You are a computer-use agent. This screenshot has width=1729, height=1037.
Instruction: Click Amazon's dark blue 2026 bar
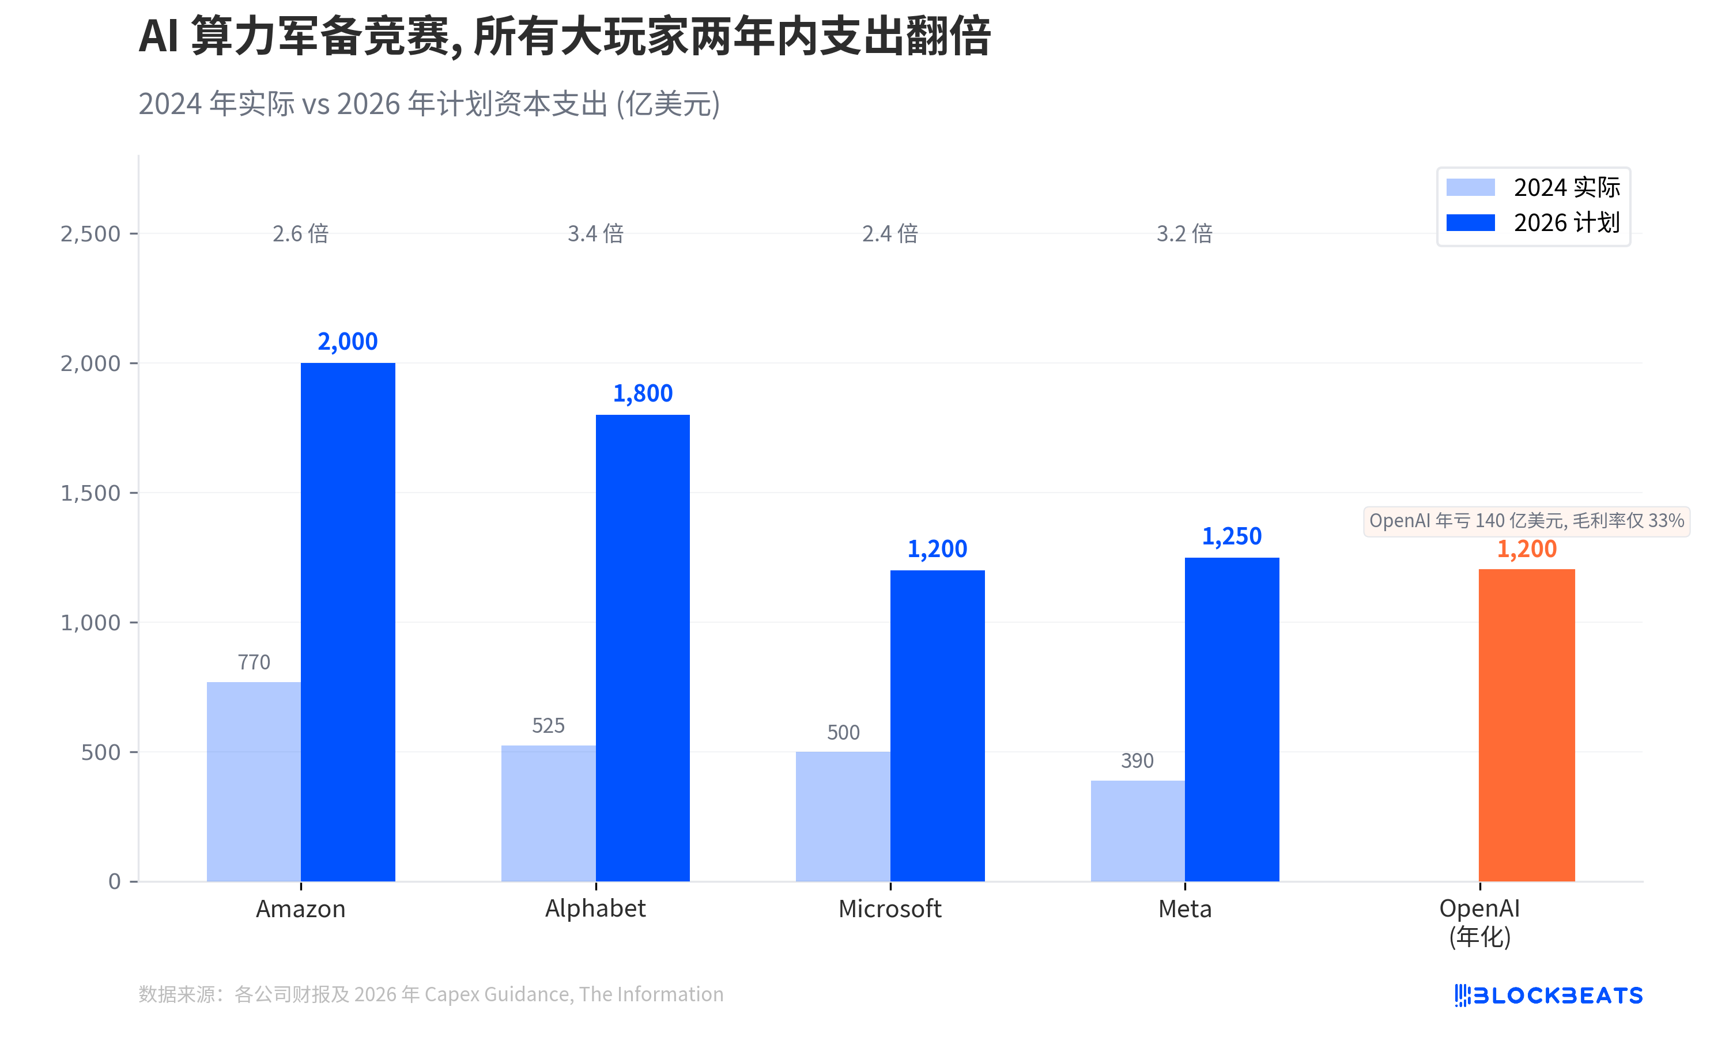click(348, 622)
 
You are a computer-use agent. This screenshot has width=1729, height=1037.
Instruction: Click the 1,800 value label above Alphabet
click(642, 393)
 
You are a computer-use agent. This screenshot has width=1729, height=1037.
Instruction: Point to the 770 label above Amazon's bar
click(254, 662)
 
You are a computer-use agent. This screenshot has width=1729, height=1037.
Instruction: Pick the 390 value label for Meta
click(1137, 760)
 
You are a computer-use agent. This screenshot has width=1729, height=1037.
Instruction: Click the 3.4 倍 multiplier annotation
click(595, 233)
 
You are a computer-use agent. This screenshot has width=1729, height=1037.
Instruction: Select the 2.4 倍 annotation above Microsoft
click(890, 233)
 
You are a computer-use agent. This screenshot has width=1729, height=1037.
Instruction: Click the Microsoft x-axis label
click(890, 909)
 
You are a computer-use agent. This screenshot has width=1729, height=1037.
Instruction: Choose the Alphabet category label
click(595, 909)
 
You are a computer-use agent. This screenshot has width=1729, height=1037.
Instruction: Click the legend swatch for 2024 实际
click(1470, 187)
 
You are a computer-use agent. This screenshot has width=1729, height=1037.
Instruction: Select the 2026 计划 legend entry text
click(1566, 223)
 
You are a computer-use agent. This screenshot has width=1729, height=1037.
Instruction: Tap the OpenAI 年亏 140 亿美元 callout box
click(1526, 521)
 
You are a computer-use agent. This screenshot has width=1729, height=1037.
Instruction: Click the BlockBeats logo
click(1548, 994)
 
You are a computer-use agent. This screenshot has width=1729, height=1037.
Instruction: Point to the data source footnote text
click(431, 994)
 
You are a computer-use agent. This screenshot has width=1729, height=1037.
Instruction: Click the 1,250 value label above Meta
click(1232, 536)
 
